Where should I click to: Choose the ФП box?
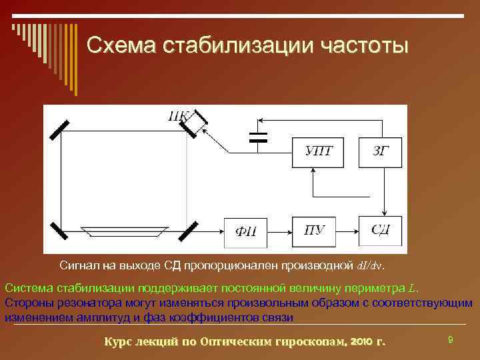(x=245, y=231)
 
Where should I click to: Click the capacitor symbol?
(x=257, y=137)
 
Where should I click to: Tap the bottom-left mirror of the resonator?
(x=59, y=228)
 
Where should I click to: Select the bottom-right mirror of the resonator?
(x=190, y=228)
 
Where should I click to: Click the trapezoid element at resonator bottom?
(x=125, y=231)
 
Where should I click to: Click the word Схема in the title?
(x=121, y=45)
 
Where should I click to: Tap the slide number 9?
(x=451, y=340)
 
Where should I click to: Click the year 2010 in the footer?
(x=361, y=342)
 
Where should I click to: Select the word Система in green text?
(x=29, y=288)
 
